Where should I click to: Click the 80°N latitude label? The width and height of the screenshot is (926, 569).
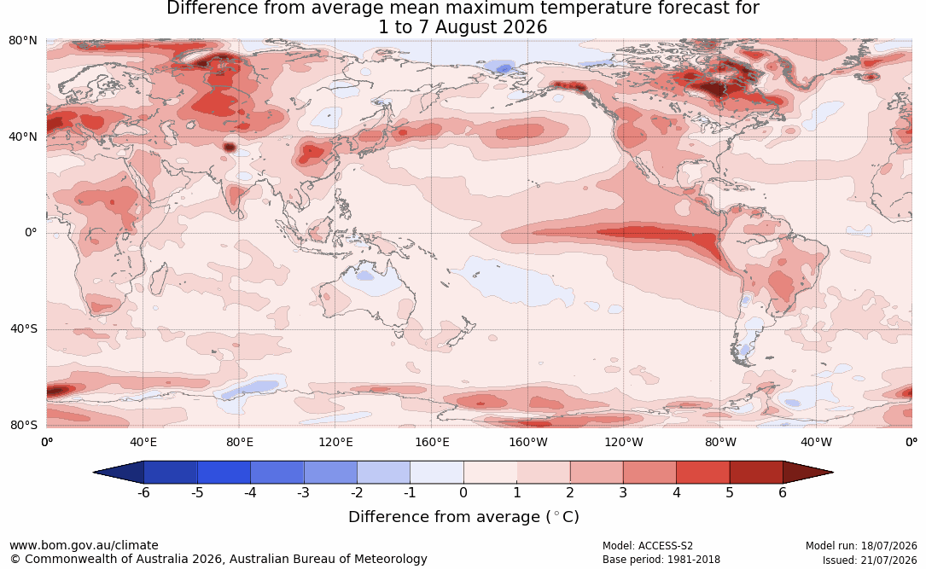[22, 41]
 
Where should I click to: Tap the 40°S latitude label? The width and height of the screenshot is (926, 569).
[23, 328]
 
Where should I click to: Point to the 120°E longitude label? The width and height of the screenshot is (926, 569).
[335, 442]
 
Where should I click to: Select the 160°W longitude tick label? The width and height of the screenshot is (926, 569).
[528, 442]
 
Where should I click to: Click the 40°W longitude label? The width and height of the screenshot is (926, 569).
[816, 442]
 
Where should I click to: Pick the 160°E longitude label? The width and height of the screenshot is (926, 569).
[432, 442]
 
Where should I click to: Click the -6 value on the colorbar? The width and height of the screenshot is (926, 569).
[143, 492]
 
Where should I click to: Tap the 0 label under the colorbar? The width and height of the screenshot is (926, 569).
[463, 492]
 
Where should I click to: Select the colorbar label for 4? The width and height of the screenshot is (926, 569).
[676, 492]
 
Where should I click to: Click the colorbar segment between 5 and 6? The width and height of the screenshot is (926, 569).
[756, 473]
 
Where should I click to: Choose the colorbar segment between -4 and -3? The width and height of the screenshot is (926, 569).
[277, 473]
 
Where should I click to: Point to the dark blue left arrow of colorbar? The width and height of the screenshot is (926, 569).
[119, 473]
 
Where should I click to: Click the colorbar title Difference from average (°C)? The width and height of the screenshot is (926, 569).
[463, 517]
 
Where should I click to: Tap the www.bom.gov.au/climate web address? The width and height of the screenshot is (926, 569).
[84, 545]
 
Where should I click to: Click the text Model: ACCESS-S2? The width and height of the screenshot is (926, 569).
[647, 546]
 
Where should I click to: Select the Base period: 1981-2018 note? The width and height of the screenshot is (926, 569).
[661, 560]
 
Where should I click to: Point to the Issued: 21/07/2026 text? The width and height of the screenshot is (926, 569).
[870, 560]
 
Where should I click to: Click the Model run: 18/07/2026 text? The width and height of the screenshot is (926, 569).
[861, 546]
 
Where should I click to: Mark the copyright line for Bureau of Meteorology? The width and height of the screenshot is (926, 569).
[218, 559]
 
